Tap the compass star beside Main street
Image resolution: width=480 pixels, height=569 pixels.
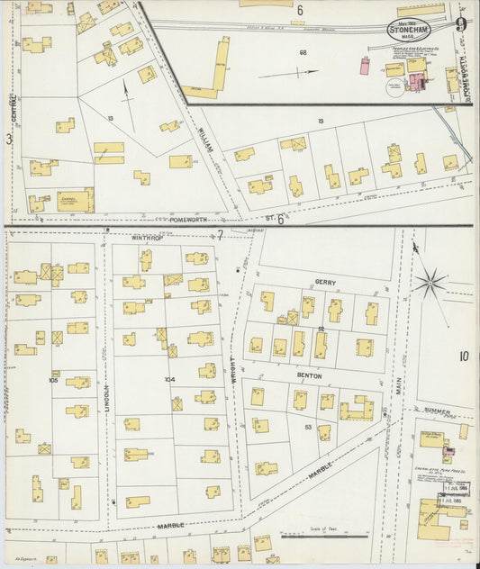click(x=431, y=283)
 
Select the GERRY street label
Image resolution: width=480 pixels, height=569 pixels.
click(x=325, y=282)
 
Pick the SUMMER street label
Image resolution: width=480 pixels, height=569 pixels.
click(x=437, y=411)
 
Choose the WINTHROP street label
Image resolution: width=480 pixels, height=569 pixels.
click(x=149, y=238)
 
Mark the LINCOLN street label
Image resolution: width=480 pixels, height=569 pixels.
click(x=105, y=397)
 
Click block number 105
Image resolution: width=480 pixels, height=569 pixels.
click(x=54, y=380)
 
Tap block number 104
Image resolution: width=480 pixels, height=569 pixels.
click(x=169, y=380)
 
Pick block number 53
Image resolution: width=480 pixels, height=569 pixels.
click(x=310, y=427)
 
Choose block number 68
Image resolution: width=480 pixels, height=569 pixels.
click(x=303, y=52)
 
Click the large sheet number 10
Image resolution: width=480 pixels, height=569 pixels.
click(x=463, y=357)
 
